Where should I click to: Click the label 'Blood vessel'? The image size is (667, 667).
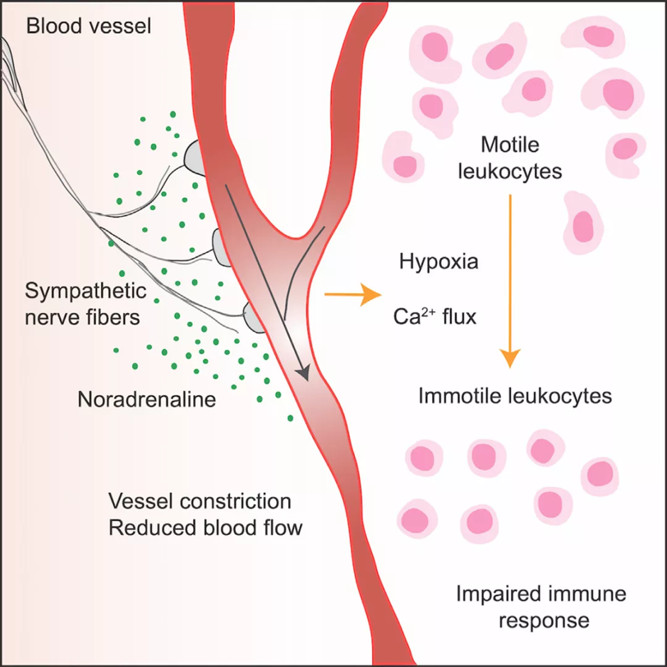click(x=89, y=26)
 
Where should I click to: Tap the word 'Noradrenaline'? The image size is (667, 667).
click(x=147, y=399)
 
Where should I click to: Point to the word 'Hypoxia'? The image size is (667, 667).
click(x=439, y=262)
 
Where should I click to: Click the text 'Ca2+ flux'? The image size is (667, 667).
click(x=435, y=316)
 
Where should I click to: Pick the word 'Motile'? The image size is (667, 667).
click(x=510, y=145)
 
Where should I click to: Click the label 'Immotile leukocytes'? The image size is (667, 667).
click(x=515, y=396)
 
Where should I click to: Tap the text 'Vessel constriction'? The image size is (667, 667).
click(x=200, y=501)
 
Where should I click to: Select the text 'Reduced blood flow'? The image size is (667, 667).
click(x=205, y=527)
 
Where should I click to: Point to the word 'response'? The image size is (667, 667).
click(x=544, y=621)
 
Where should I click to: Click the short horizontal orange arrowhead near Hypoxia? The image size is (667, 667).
click(x=370, y=294)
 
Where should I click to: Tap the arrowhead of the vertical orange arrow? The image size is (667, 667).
click(x=509, y=358)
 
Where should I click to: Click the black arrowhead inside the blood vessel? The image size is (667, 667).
click(x=303, y=373)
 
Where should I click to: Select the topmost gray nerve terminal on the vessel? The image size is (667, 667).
click(x=195, y=158)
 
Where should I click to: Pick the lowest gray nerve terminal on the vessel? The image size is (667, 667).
click(x=254, y=318)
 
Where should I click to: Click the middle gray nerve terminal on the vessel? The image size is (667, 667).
click(x=221, y=248)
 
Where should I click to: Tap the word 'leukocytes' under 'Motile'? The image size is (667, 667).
click(x=510, y=172)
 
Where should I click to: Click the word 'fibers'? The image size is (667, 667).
click(x=115, y=317)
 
